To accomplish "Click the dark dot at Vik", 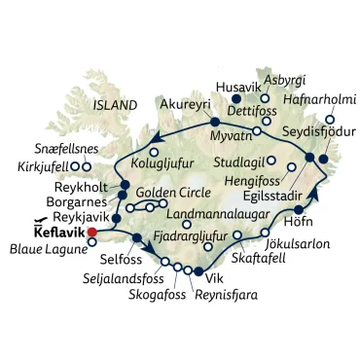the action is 198,271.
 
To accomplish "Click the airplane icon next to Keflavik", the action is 42,222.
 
